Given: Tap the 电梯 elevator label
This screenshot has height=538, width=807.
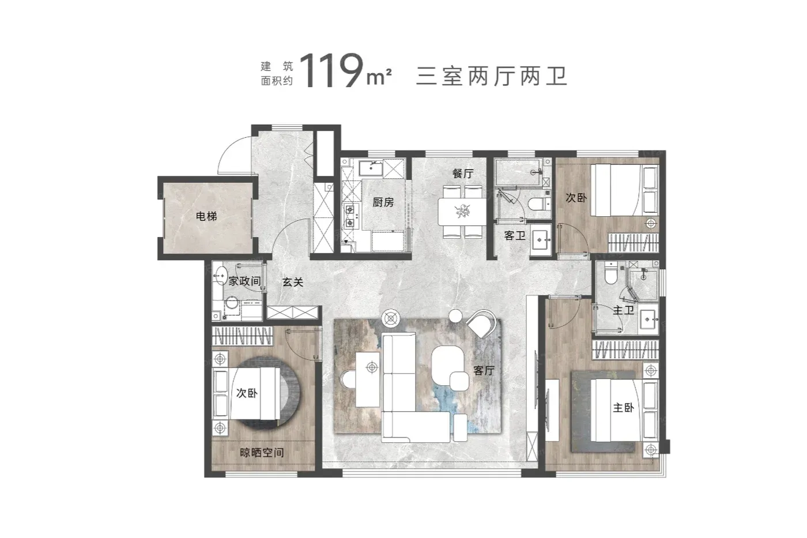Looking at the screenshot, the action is click(x=206, y=216).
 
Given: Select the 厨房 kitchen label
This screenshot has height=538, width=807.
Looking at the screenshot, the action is click(x=383, y=202).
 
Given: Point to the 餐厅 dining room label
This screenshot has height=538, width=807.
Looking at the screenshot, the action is click(x=463, y=174).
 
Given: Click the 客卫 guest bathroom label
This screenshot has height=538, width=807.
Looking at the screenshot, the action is click(x=514, y=236).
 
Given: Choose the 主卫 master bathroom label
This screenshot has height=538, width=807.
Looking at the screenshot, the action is click(x=623, y=310).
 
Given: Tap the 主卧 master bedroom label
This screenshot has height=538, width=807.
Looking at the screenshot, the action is click(x=623, y=408).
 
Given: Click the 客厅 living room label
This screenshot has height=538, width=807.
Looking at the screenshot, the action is click(x=484, y=370).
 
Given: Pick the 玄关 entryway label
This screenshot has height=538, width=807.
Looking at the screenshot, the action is click(x=293, y=282).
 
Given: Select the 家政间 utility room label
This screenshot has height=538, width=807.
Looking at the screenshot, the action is click(x=244, y=281).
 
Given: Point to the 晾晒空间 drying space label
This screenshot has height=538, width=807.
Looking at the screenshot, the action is click(x=262, y=453).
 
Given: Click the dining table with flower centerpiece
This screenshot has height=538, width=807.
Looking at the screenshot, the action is click(x=462, y=212).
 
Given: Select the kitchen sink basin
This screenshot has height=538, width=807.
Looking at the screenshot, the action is click(x=371, y=168).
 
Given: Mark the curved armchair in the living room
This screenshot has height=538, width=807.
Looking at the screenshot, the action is click(x=482, y=323).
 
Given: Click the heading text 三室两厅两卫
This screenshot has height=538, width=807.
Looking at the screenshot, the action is click(x=492, y=76).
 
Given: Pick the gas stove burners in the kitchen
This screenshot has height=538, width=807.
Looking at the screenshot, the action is click(x=349, y=216).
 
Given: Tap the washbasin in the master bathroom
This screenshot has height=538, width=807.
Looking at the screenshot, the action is click(x=648, y=319).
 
